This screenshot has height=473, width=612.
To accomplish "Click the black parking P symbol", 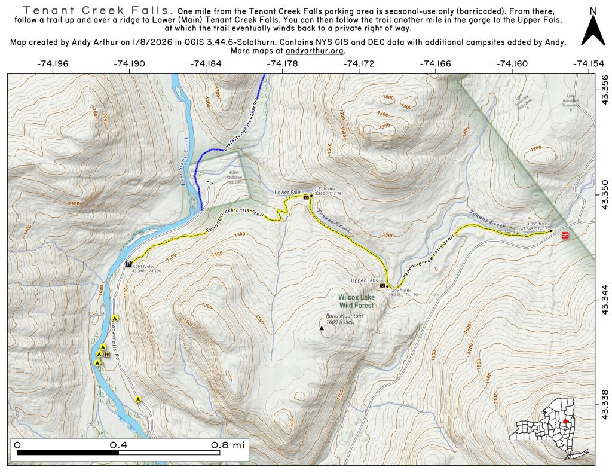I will pyautogui.click(x=128, y=264).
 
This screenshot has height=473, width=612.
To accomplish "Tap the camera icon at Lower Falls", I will pyautogui.click(x=307, y=197).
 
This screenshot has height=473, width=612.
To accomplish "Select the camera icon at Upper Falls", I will pyautogui.click(x=382, y=285).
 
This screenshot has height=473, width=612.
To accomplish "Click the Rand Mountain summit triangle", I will pyautogui.click(x=322, y=328).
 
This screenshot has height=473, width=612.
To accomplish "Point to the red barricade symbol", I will pyautogui.click(x=565, y=237).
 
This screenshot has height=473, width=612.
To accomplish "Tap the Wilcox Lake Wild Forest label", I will pyautogui.click(x=356, y=301).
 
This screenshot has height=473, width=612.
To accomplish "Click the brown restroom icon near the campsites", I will pyautogui.click(x=106, y=355).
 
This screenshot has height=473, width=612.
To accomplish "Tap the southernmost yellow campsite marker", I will pyautogui.click(x=138, y=399).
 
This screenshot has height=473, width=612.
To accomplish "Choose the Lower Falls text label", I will pyautogui.click(x=287, y=193).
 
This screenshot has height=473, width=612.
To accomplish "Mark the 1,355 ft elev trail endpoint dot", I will pyautogui.click(x=551, y=231).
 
